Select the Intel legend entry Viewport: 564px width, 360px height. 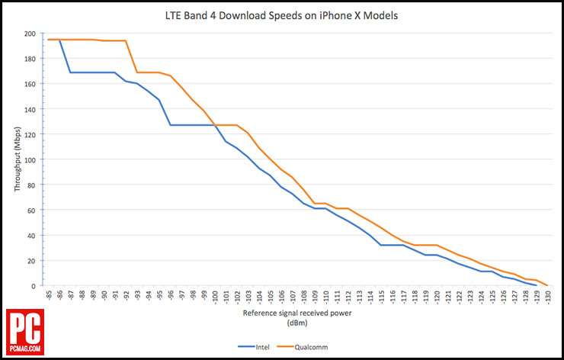click(x=258, y=346)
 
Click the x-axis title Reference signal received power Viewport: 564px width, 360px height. click(x=298, y=313)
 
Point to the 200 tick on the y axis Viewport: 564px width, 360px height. click(x=28, y=34)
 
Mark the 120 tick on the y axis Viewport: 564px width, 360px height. click(x=28, y=134)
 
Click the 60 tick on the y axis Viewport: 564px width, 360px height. click(x=30, y=210)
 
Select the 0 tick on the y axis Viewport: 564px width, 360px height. click(x=33, y=286)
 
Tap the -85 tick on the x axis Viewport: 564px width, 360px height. click(x=48, y=296)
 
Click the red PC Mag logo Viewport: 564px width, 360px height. click(x=24, y=332)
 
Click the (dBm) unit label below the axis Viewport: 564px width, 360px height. click(x=298, y=323)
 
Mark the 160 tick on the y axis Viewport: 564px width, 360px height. click(x=28, y=84)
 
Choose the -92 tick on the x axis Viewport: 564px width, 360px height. click(x=126, y=296)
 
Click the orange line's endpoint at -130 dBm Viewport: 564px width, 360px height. click(x=548, y=286)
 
